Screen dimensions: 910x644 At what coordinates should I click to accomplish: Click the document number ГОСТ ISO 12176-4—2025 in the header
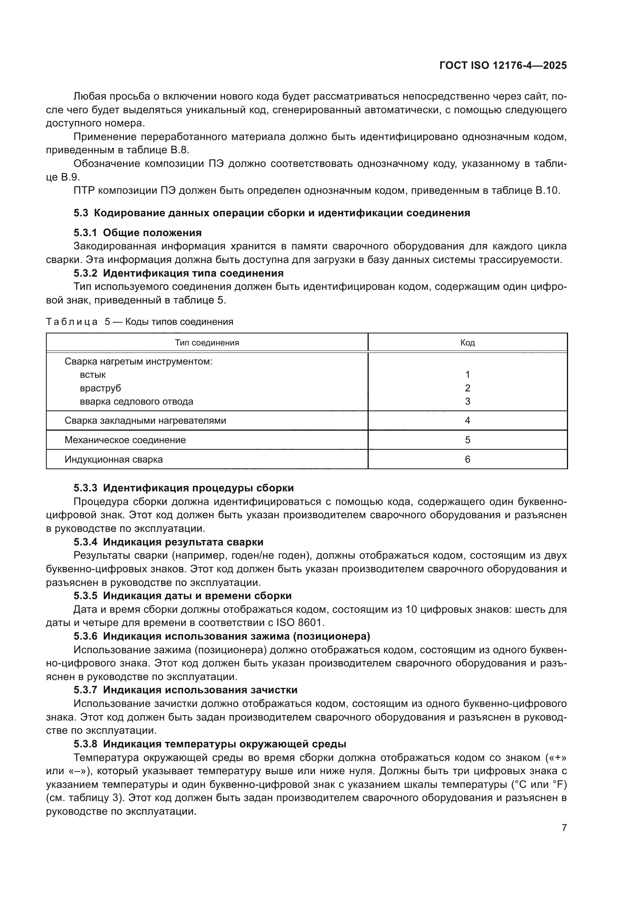pyautogui.click(x=503, y=65)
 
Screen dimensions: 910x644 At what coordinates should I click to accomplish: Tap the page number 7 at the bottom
pyautogui.click(x=564, y=828)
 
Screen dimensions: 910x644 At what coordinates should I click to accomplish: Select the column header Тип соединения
pyautogui.click(x=207, y=342)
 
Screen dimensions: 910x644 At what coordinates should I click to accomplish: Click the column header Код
pyautogui.click(x=468, y=342)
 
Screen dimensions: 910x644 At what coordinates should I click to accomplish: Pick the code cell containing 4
pyautogui.click(x=468, y=420)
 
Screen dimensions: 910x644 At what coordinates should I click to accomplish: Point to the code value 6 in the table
pyautogui.click(x=468, y=459)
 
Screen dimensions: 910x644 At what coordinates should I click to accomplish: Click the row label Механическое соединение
pyautogui.click(x=125, y=440)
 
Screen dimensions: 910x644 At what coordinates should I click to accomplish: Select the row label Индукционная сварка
pyautogui.click(x=113, y=459)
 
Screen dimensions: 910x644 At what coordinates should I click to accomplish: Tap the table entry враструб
pyautogui.click(x=100, y=387)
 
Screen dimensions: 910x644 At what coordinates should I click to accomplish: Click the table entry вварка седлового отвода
pyautogui.click(x=136, y=401)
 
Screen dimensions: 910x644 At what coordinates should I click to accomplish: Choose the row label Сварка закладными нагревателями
pyautogui.click(x=145, y=420)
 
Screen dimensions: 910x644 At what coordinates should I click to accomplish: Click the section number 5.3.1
pyautogui.click(x=85, y=233)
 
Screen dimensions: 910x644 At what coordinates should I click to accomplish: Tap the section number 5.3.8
pyautogui.click(x=85, y=744)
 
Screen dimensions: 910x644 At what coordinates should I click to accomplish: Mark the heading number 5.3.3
pyautogui.click(x=85, y=488)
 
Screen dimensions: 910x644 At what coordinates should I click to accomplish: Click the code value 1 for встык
pyautogui.click(x=468, y=374)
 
